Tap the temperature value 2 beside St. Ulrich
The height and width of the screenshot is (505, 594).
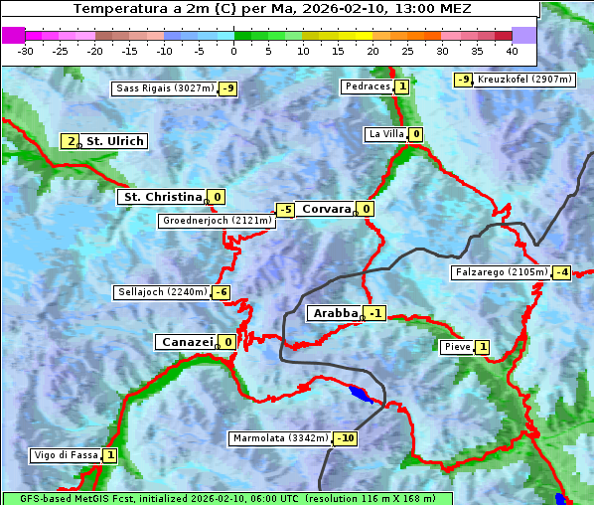71,141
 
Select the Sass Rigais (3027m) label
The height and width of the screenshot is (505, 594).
164,88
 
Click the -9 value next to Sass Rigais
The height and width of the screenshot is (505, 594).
228,88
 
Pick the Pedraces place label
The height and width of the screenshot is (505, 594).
367,86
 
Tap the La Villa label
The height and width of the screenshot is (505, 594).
385,134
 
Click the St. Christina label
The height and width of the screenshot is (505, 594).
161,197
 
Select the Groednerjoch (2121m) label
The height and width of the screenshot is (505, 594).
216,221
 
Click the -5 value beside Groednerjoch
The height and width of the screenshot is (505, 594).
285,210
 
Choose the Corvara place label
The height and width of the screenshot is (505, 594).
327,209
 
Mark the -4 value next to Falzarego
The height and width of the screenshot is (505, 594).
562,272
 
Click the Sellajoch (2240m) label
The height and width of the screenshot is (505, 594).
162,292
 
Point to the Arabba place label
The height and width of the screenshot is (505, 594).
335,313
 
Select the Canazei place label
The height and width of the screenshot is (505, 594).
186,342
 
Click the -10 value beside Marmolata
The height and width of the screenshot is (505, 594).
346,438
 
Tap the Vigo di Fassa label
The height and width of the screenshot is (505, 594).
67,455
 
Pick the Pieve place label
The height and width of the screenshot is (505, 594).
457,347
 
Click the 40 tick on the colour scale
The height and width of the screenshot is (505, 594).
512,51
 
